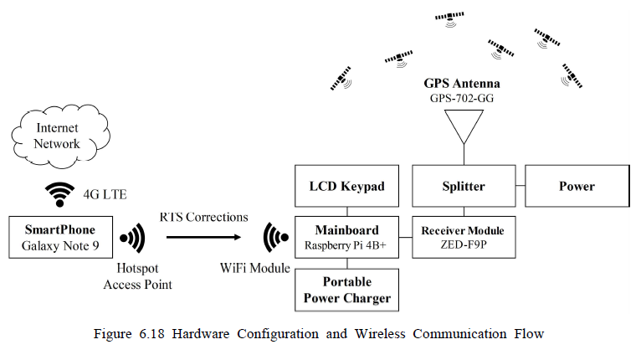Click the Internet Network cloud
(58, 136)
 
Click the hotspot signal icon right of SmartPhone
(132, 238)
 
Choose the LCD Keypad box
(346, 186)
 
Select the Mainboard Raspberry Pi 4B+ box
(346, 237)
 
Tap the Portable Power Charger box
(346, 289)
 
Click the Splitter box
(463, 186)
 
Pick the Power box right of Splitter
(577, 186)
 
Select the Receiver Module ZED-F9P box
(463, 237)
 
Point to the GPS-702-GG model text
(463, 99)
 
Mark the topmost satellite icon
(451, 17)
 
